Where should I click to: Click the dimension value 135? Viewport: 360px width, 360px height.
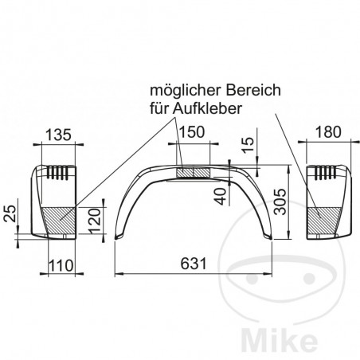55,135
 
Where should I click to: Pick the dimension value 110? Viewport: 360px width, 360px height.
60,264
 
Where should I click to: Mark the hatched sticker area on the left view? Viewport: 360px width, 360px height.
58,216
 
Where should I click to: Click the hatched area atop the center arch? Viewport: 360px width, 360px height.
194,171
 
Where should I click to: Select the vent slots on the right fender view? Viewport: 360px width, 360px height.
325,170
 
